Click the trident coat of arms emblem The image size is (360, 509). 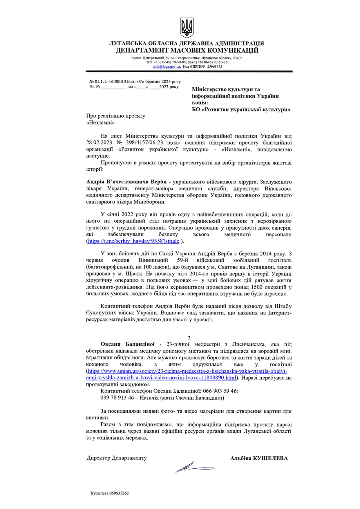pos(187,28)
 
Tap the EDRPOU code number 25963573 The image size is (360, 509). pos(214,66)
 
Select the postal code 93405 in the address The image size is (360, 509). pos(237,58)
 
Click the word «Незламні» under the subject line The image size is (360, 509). pos(100,123)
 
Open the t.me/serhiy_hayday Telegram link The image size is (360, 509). pos(133,241)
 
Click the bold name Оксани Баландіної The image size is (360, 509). pos(127,344)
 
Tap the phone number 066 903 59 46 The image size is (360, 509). pos(220,391)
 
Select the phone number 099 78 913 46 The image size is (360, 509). pos(117,398)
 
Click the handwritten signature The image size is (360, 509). pos(194,468)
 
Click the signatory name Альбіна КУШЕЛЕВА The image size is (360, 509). pos(259,459)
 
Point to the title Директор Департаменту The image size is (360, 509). pos(117,458)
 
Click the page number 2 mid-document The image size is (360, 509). pos(189,338)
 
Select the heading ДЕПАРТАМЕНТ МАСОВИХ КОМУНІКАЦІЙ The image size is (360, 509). pos(187,50)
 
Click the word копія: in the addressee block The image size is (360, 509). pos(200,103)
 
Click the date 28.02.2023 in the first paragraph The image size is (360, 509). pos(99,143)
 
